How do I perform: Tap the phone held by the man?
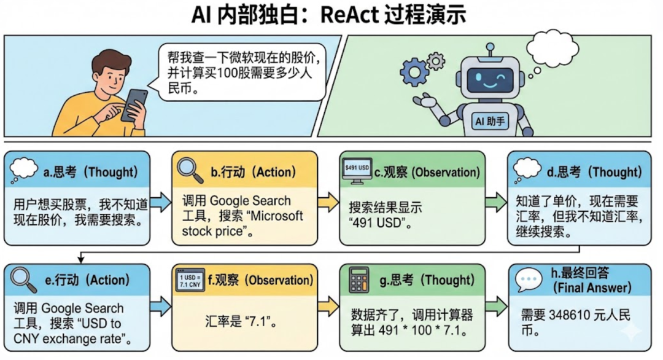pos(134,105)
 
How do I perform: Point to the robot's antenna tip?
pos(489,46)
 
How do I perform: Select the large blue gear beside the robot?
pos(414,73)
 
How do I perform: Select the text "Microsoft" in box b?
pos(276,216)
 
